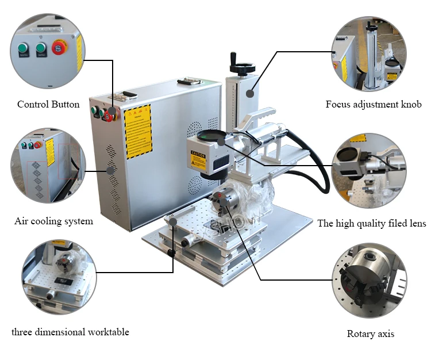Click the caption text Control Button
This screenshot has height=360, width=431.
(48, 105)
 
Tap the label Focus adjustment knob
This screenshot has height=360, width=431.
(374, 105)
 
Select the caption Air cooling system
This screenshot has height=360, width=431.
(53, 221)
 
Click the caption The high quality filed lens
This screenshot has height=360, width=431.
(372, 223)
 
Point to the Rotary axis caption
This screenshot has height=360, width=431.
(371, 334)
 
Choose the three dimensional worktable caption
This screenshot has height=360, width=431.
(70, 332)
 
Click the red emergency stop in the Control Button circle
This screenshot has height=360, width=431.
(59, 48)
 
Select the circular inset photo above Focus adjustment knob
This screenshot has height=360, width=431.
(370, 52)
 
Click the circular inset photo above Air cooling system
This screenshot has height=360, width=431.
(48, 166)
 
